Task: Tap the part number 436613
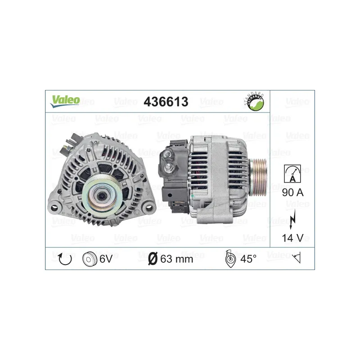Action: tap(166, 102)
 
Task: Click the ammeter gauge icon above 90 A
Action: tap(292, 174)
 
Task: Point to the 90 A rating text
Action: tap(293, 193)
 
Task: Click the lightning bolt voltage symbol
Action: tap(292, 220)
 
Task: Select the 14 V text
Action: tap(293, 238)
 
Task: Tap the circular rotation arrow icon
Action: tap(65, 259)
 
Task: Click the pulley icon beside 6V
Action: tap(90, 259)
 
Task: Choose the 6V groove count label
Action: tap(106, 259)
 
